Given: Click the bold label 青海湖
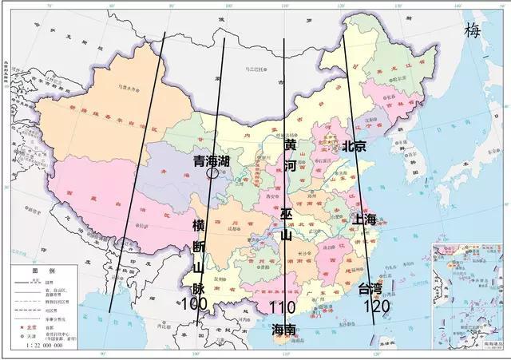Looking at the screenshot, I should (212, 161).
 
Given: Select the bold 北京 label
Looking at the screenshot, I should (354, 146).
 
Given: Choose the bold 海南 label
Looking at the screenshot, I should (283, 329).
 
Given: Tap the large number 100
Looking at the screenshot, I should (195, 304).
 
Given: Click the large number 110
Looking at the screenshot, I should (283, 308).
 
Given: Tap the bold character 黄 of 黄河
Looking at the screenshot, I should (290, 147).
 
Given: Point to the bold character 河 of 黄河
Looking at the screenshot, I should (290, 166).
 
